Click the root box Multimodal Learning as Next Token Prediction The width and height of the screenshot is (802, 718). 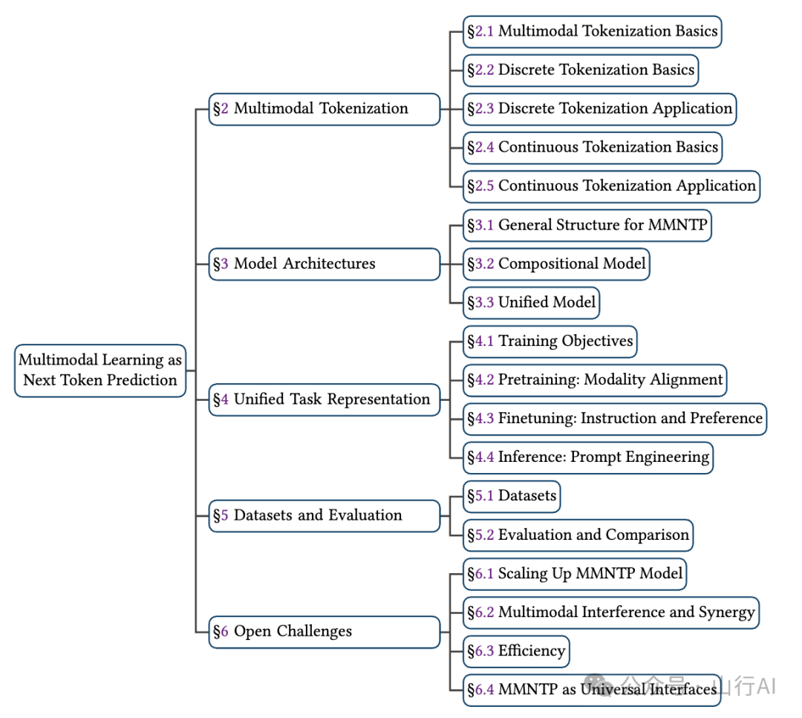pos(100,371)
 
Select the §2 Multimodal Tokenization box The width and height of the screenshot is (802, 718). pos(325,109)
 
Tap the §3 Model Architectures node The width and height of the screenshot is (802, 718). pos(325,264)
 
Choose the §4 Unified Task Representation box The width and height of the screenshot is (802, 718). pos(325,399)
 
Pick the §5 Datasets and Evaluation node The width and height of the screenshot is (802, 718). pos(325,515)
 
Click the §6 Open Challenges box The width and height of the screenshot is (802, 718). pos(325,632)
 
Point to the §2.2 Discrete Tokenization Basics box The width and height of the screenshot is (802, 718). pos(581,70)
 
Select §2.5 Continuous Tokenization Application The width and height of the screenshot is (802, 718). pos(611,186)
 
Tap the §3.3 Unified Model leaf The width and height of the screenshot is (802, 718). pos(531,303)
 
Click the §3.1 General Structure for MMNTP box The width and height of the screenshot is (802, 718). pos(587,225)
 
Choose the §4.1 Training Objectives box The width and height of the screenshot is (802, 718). pos(550,341)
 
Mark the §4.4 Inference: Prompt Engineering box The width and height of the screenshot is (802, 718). pos(587,457)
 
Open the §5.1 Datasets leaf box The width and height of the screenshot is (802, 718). pos(512,496)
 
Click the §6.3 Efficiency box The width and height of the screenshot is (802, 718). pos(516,651)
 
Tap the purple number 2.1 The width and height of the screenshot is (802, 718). pos(484,31)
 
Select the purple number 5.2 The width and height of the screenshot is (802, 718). pos(484,535)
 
